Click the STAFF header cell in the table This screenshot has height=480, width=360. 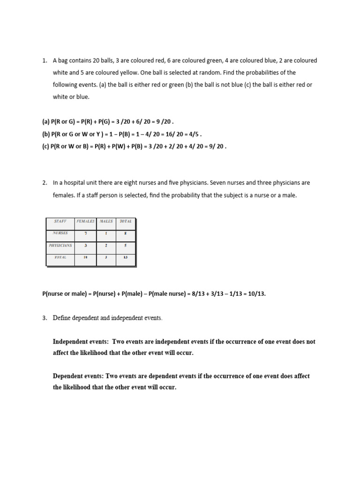[60, 221]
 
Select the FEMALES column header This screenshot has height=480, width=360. [85, 221]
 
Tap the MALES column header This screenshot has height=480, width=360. [106, 221]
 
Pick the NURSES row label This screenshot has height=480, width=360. [60, 233]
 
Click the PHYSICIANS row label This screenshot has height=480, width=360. [60, 245]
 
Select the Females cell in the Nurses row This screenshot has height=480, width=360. [85, 233]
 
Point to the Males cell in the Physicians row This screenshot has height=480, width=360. [106, 245]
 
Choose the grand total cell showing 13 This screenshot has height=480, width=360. [126, 257]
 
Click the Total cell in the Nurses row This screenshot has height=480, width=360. [126, 233]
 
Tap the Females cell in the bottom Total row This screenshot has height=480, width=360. [85, 257]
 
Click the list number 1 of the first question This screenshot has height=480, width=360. [45, 61]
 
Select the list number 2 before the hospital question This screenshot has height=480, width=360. [45, 183]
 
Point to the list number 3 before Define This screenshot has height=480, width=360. [45, 318]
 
